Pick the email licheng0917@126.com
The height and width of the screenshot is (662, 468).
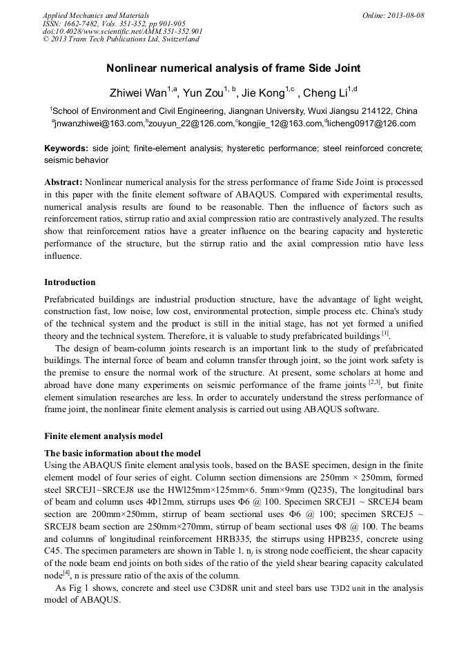pos(372,124)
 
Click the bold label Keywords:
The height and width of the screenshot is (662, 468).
pos(66,148)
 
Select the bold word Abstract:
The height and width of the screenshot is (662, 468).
pos(64,182)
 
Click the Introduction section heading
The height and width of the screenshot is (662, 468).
pos(70,282)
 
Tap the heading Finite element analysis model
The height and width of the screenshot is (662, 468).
pos(103,436)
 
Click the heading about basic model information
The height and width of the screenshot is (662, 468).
pos(122,453)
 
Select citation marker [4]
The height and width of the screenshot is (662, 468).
pos(67,574)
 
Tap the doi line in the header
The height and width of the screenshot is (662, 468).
pos(123,32)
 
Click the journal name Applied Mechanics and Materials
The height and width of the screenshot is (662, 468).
pos(96,14)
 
